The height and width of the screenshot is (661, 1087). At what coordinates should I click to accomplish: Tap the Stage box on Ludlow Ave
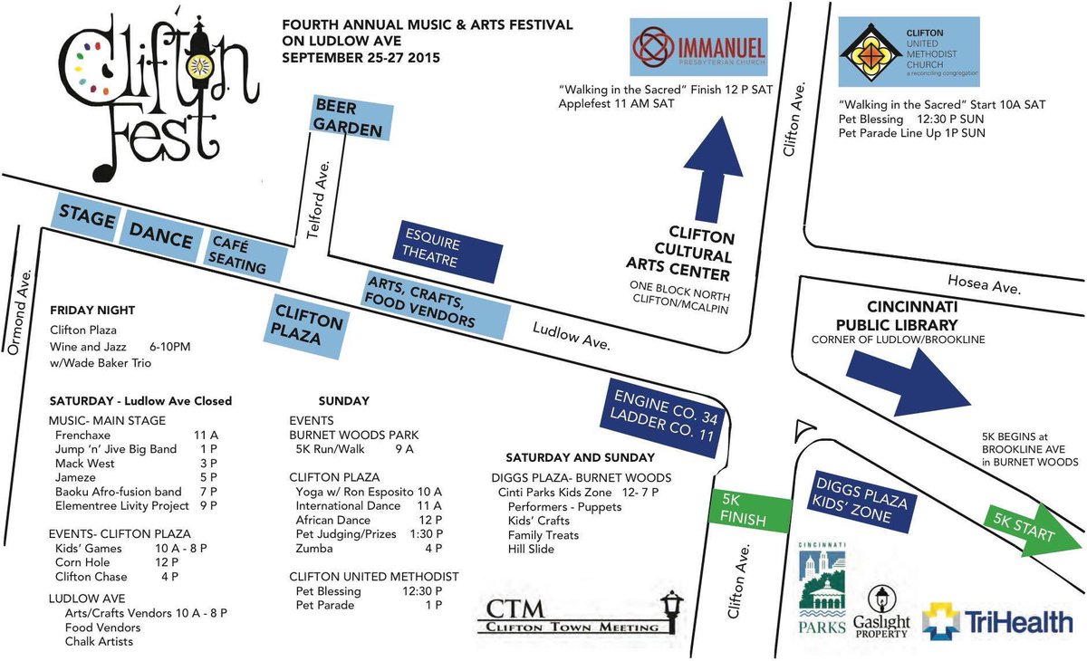click(x=87, y=218)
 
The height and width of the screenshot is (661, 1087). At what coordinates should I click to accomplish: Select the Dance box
click(x=160, y=238)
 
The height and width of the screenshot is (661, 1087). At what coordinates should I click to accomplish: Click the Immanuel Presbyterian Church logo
click(x=698, y=48)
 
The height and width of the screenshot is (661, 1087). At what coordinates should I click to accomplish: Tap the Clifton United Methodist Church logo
click(x=909, y=53)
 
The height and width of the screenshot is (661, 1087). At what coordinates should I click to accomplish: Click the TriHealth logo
click(x=998, y=622)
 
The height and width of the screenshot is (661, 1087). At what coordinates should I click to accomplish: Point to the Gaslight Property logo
click(x=881, y=613)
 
